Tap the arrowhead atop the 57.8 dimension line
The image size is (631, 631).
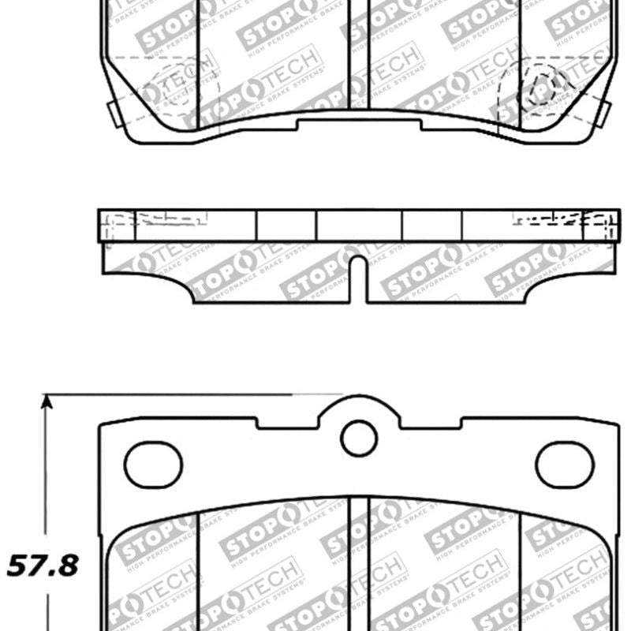pyautogui.click(x=47, y=403)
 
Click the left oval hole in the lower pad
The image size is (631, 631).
pyautogui.click(x=154, y=464)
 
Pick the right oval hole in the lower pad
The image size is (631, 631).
pyautogui.click(x=565, y=464)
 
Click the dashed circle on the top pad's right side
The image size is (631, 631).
pyautogui.click(x=543, y=84)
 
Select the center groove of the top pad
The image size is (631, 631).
pyautogui.click(x=359, y=55)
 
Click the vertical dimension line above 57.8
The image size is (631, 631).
pyautogui.click(x=47, y=473)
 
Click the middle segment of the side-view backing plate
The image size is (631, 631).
pyautogui.click(x=359, y=225)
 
